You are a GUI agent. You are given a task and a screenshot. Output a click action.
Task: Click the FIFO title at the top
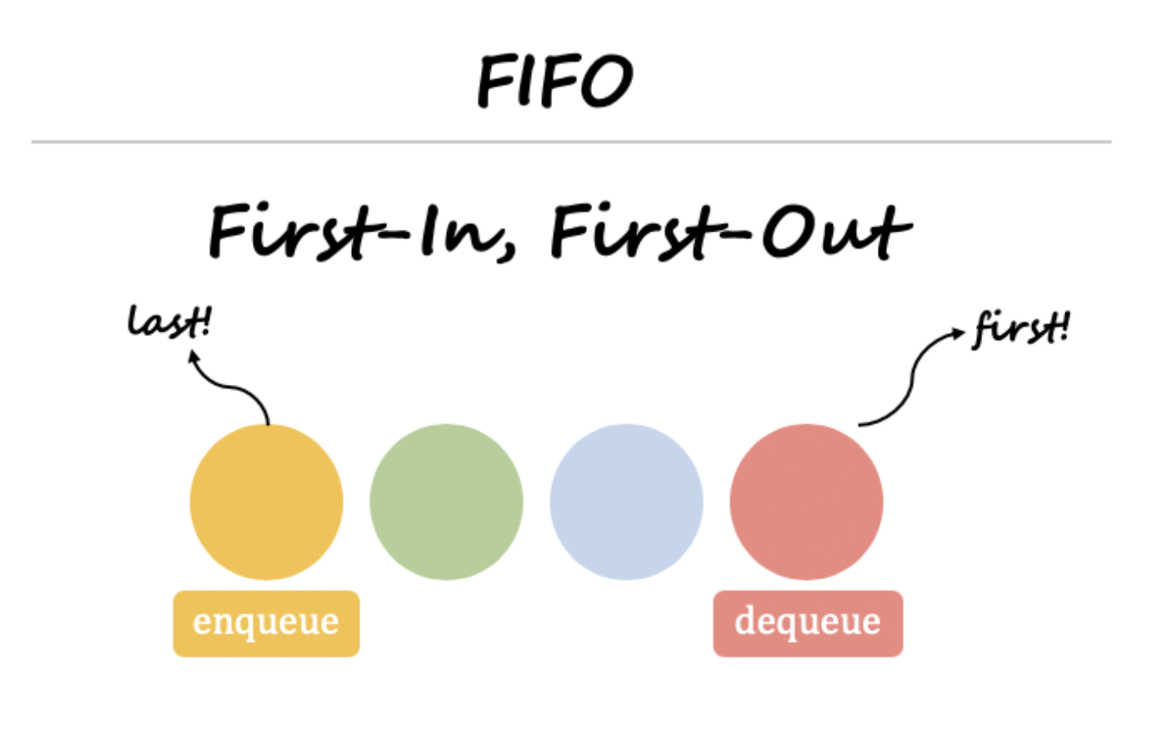pos(555,81)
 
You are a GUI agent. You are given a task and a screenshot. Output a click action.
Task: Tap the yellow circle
pos(266,502)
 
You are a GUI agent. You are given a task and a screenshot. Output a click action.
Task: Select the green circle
pos(446,502)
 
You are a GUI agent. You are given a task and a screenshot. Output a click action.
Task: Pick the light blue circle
pos(626,502)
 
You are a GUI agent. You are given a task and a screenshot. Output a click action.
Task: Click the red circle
pos(806,502)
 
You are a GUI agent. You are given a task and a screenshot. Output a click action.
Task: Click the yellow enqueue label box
pos(266,623)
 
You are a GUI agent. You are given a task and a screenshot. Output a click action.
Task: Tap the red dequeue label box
pos(807,623)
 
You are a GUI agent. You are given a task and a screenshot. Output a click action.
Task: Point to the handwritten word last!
pos(169,322)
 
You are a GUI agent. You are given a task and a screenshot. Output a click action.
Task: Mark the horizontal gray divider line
pos(571,142)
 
